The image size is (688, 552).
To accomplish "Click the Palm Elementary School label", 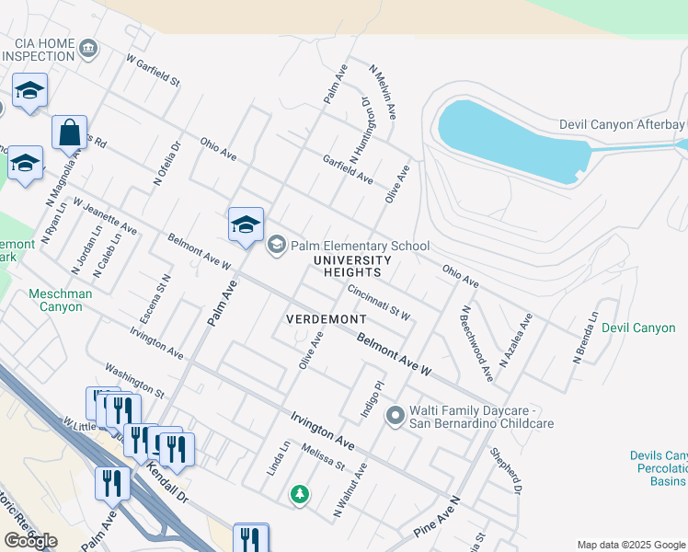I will click(360, 246).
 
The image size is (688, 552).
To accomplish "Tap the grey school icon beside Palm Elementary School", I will click(276, 245).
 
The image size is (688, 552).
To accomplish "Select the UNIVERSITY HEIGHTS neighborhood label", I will click(347, 267).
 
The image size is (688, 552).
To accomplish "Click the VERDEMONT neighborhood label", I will click(319, 318).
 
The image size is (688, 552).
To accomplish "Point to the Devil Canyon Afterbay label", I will click(623, 125).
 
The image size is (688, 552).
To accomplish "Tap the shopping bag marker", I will click(69, 134).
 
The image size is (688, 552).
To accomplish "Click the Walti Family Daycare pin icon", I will click(396, 417).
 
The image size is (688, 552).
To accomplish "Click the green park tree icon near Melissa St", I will click(299, 495).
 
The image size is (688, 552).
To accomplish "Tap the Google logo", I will click(29, 541).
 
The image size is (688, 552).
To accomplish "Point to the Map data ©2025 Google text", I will click(631, 545).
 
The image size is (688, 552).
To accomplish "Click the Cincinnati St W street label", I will click(379, 301).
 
